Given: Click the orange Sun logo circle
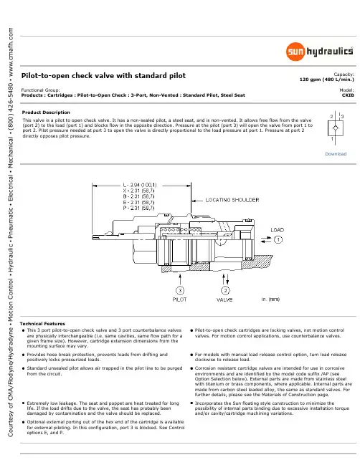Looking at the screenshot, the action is (x=295, y=52).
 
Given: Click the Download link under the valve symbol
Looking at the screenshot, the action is (x=336, y=154).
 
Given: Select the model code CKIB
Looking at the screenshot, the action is (x=348, y=95).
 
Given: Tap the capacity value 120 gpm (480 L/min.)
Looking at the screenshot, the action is (x=327, y=80).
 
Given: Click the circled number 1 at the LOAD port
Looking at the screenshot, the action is (x=278, y=239).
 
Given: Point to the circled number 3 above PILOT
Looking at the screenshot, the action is (x=180, y=290).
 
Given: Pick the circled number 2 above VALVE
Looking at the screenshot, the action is (x=225, y=290).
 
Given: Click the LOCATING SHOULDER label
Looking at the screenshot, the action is (x=232, y=200).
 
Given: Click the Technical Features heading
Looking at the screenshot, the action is (x=42, y=324).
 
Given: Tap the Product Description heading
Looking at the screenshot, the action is (x=46, y=112).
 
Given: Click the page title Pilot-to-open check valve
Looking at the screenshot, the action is (x=103, y=76).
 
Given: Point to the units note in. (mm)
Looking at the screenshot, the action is (x=270, y=299).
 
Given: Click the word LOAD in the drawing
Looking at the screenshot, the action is (x=278, y=230).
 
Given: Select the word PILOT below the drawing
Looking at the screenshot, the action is (x=179, y=299).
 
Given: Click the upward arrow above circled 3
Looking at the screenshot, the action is (x=180, y=279).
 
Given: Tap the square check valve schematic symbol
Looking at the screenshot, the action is (x=336, y=128).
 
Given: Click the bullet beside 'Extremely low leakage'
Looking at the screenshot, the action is (x=23, y=403).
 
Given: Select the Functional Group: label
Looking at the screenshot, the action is (x=40, y=90).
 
